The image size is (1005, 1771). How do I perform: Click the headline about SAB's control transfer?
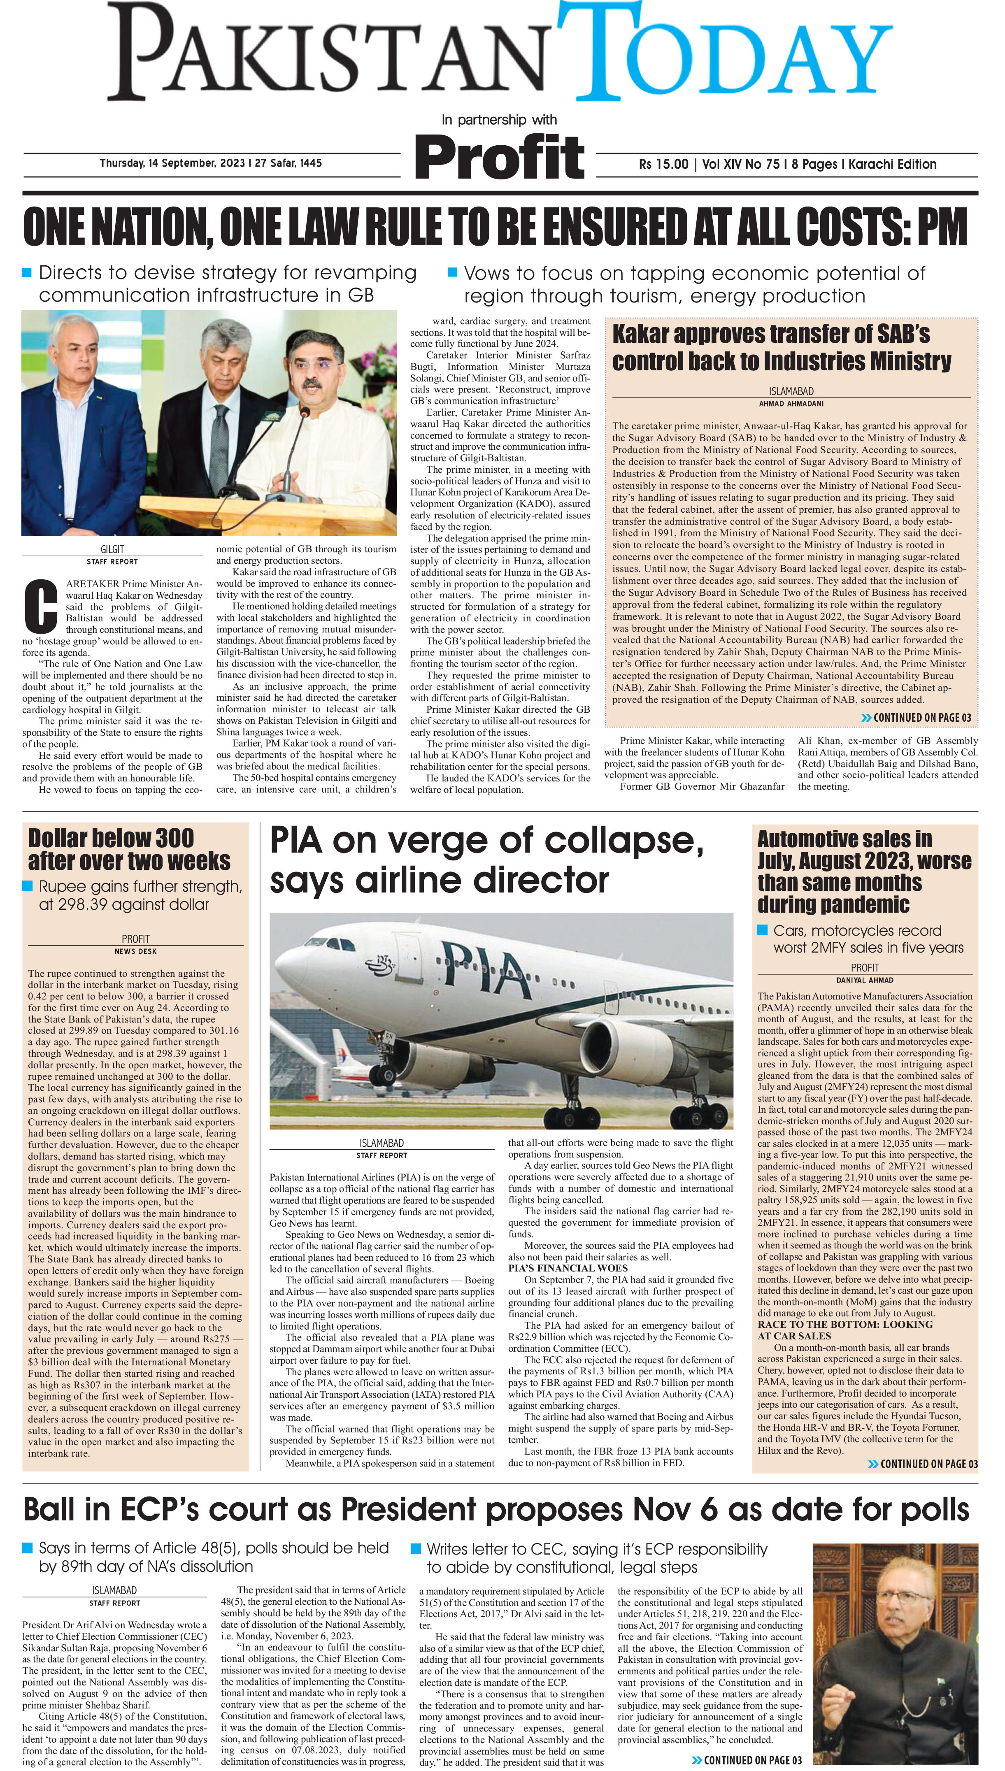782,348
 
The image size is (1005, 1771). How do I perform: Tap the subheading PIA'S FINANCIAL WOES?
568,1268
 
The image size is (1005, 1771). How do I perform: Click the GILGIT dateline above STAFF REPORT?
112,549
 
